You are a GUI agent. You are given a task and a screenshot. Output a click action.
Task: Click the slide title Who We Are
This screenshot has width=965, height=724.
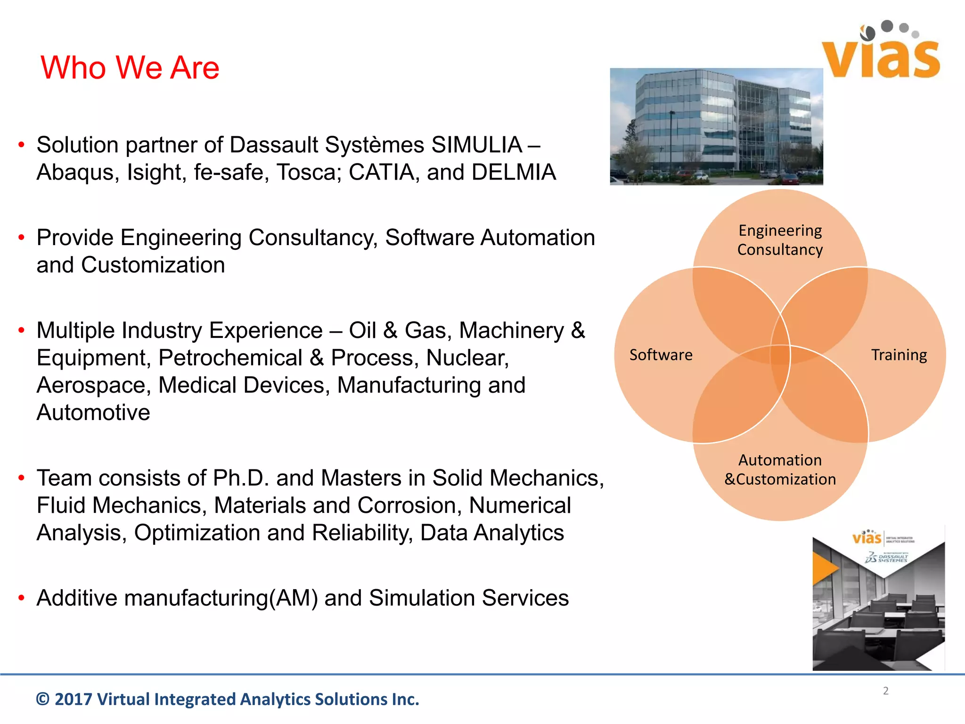tap(130, 67)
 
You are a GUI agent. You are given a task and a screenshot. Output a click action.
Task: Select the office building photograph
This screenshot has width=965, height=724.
tap(716, 126)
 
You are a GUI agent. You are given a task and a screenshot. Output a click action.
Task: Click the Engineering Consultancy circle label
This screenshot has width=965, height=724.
tap(780, 240)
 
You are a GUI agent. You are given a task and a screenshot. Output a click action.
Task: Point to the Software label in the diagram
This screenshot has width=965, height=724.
tap(661, 355)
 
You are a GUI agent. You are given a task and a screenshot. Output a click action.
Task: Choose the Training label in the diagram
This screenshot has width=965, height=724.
tap(899, 355)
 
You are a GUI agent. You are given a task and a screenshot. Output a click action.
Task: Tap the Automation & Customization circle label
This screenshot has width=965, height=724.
tap(780, 469)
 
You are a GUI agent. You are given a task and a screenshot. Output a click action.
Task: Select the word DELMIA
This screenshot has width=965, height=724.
tap(514, 172)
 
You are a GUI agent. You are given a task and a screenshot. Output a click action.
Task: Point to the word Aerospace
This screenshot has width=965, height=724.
tap(94, 385)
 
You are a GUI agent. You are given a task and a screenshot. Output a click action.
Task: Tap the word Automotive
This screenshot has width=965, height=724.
tap(93, 412)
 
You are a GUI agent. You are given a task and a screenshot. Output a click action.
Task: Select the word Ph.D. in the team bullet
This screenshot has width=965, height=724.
tap(241, 478)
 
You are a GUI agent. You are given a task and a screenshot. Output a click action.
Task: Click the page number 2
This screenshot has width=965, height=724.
tap(885, 691)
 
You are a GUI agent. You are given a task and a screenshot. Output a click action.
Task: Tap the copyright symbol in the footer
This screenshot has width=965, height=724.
tap(42, 699)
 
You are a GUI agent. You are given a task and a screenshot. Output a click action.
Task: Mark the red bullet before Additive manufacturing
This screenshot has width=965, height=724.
tap(21, 598)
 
